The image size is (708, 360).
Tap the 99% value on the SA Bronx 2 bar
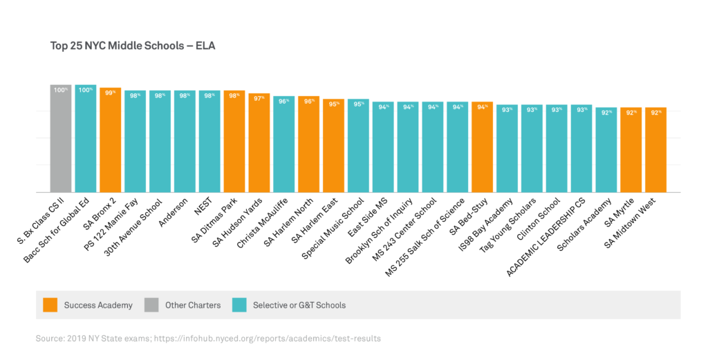coord(110,93)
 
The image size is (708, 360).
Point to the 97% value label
coord(259,98)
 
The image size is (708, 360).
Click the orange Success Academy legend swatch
coord(49,305)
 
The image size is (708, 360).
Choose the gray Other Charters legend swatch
coord(151,305)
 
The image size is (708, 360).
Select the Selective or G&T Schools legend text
coord(299,305)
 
